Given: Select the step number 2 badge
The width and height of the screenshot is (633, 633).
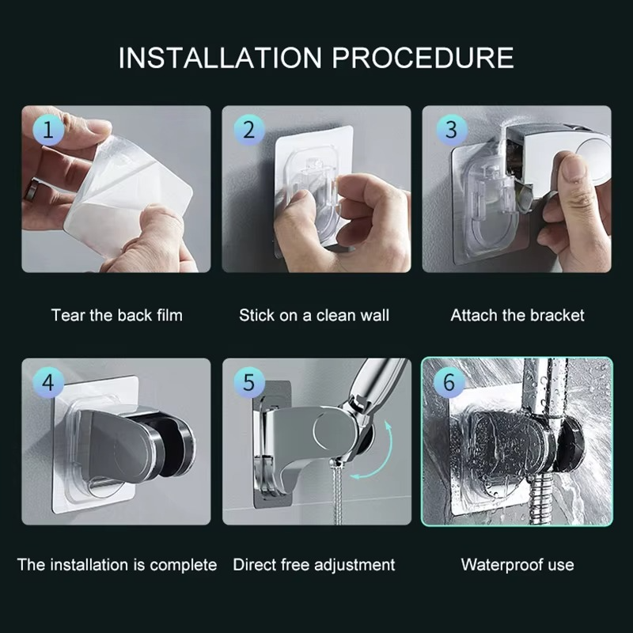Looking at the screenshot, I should tap(248, 130).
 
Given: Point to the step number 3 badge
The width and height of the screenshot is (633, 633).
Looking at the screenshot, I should tap(450, 130).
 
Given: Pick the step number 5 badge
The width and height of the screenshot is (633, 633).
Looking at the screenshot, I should tap(248, 383).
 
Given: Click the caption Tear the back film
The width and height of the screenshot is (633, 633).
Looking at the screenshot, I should tap(116, 315).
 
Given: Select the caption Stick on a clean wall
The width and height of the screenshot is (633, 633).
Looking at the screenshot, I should tap(314, 315).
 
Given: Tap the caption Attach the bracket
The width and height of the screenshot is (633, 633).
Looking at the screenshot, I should tap(517, 315).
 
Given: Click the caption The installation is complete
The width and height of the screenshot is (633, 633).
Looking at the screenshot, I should tap(116, 565).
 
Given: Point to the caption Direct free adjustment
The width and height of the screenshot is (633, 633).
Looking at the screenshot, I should tap(314, 565).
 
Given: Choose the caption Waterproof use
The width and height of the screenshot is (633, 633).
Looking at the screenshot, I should tap(517, 565).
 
